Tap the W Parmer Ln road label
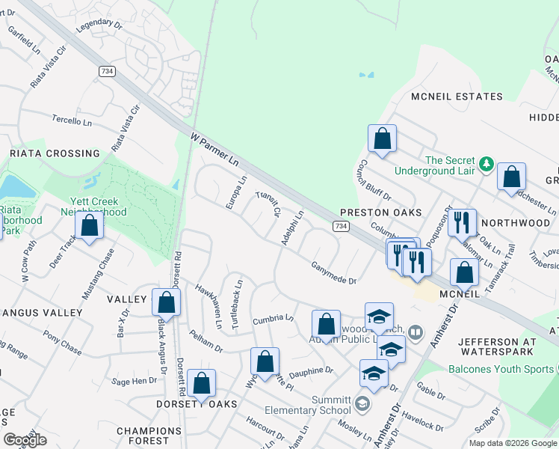[x=214, y=150]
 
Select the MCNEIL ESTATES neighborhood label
[x=457, y=97]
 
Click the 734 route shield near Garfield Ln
[x=106, y=70]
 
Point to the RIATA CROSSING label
[x=55, y=153]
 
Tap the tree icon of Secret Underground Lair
[x=486, y=162]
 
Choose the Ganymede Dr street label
[x=334, y=269]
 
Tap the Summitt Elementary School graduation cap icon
[x=362, y=405]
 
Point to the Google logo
[x=25, y=440]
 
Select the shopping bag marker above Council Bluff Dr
[x=382, y=138]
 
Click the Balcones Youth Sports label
[x=501, y=369]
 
